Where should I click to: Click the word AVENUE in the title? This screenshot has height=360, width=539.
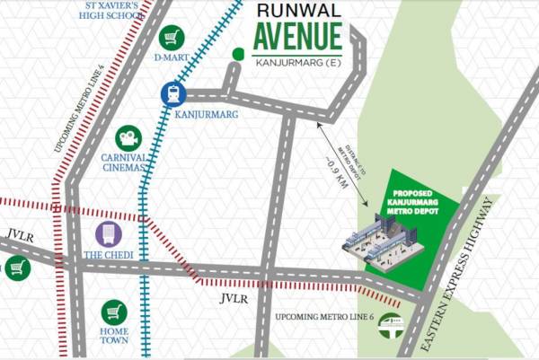tap(296, 38)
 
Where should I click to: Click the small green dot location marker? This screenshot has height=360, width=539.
tap(238, 54)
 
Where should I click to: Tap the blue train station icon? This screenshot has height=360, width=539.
tap(173, 92)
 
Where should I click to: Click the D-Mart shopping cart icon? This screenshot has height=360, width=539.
tap(171, 38)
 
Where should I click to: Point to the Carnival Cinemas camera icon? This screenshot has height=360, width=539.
tap(130, 139)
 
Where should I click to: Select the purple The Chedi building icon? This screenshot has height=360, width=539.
tap(109, 234)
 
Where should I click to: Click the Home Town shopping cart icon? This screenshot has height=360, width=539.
tap(113, 312)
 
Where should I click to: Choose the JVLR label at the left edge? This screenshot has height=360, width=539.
tap(19, 235)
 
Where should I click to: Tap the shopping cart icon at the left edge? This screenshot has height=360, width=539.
tap(15, 268)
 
